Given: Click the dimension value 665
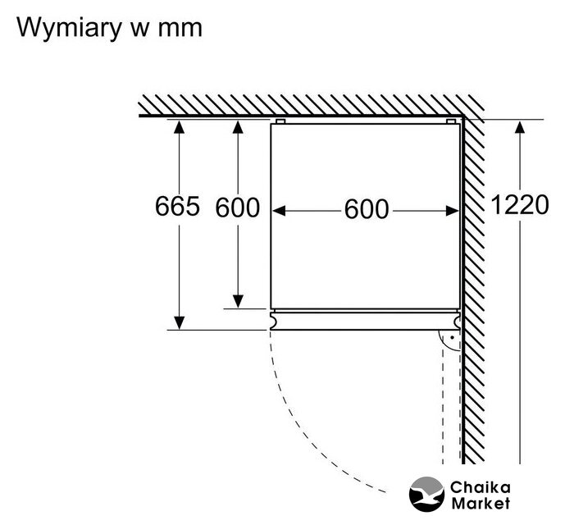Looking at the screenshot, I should [x=177, y=207].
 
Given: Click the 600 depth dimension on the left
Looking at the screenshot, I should [x=237, y=208].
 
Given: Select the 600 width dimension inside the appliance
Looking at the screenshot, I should [x=366, y=210].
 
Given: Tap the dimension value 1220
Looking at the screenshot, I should [x=519, y=205].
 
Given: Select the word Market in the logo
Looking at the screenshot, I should [x=480, y=503].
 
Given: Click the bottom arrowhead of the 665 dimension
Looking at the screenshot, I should [x=178, y=322].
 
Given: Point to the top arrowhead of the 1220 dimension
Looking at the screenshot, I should [x=519, y=128].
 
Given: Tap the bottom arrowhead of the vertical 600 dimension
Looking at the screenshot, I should [x=237, y=301].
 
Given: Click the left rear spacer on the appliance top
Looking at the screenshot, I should [x=280, y=121].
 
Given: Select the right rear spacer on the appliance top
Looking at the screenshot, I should [x=450, y=121].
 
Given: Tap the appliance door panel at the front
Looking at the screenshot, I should [x=365, y=320].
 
